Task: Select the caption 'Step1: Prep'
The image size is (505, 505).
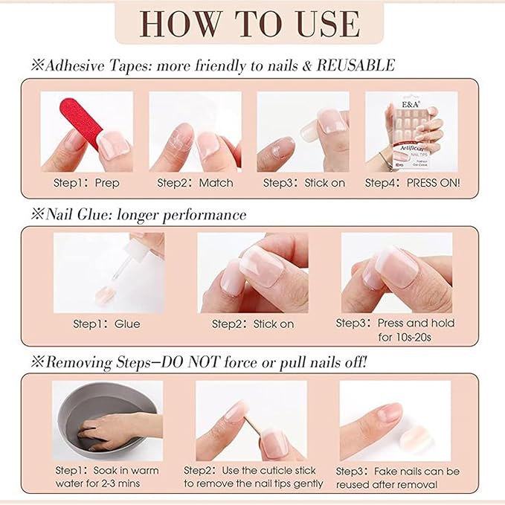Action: point(86,182)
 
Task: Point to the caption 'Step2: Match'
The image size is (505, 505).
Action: point(195,182)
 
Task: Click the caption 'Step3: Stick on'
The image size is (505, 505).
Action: point(303,182)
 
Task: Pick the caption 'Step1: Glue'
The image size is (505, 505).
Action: point(106,324)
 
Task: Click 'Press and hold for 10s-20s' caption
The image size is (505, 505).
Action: point(405,330)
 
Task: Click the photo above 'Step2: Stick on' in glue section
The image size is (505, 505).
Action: point(253,272)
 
